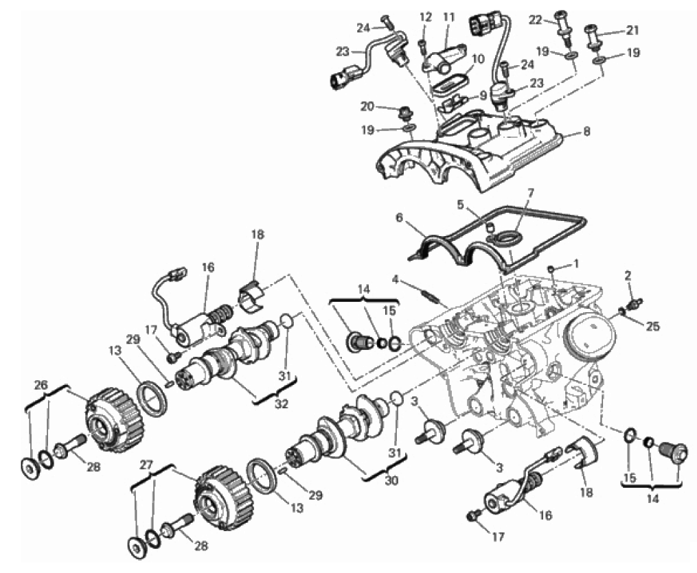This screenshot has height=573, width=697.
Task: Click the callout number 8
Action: pos(586,132)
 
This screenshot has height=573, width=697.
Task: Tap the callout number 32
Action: pos(282,404)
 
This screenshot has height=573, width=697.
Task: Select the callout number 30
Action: pos(391,480)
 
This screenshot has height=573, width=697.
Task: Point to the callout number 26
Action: pos(41,385)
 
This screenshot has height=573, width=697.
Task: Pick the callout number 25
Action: pos(653,327)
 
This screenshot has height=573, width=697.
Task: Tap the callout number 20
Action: pos(367,106)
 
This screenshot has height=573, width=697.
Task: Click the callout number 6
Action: pos(399,218)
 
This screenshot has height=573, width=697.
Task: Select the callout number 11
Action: pos(449,17)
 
